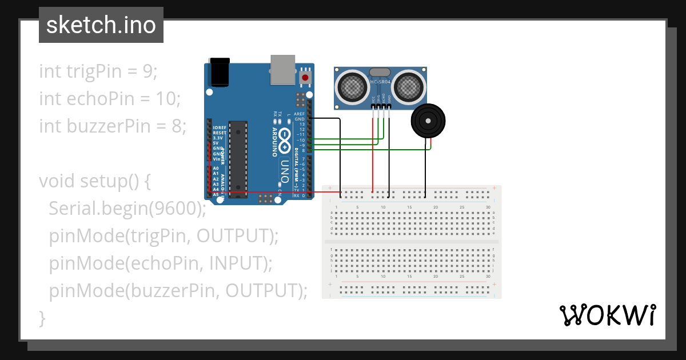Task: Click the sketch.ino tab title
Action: (x=101, y=25)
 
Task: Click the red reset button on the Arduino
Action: (x=305, y=77)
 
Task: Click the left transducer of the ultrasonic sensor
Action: (x=352, y=86)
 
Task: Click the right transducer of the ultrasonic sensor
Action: (x=408, y=86)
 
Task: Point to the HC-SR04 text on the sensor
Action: (x=380, y=82)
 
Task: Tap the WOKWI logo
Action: (x=607, y=315)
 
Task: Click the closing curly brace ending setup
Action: (x=42, y=318)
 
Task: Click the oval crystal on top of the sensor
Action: (x=380, y=72)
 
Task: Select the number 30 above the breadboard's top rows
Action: (x=488, y=207)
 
